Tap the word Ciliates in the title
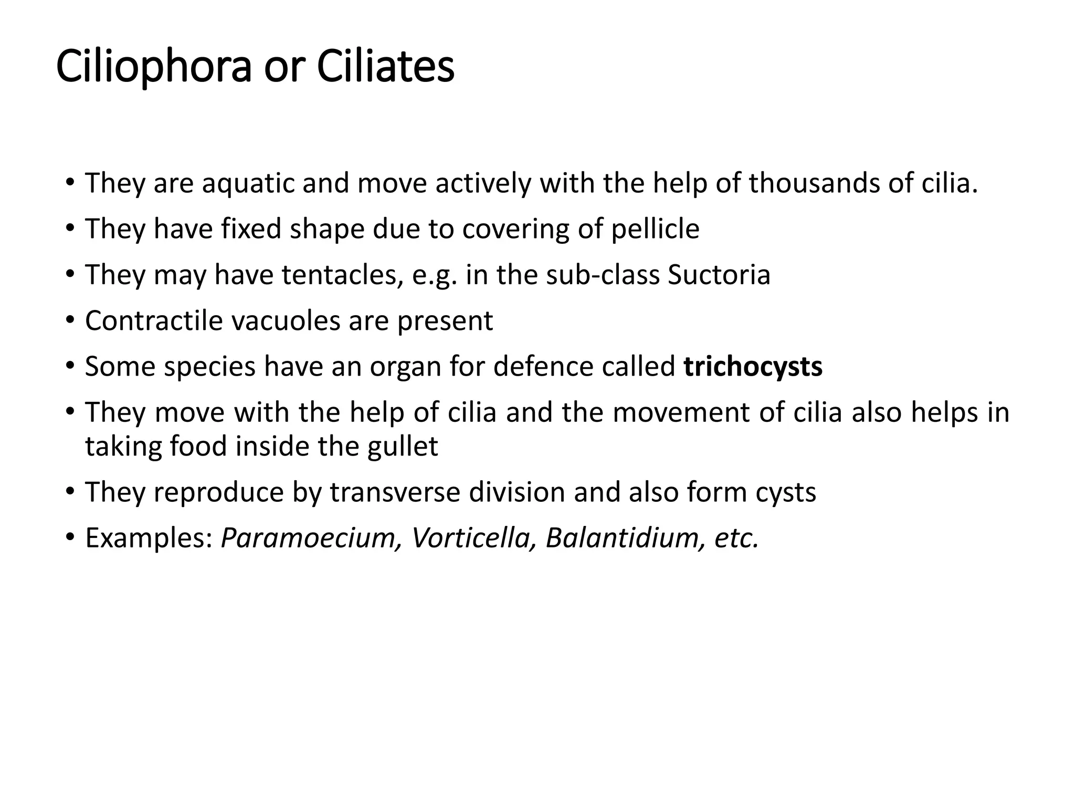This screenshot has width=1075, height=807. tap(386, 67)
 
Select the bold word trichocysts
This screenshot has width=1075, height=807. tap(753, 366)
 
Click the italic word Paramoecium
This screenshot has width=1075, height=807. tap(308, 538)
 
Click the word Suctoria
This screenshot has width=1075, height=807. tap(719, 275)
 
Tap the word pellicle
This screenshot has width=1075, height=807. tap(655, 229)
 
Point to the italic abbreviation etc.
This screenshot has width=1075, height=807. tap(736, 538)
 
